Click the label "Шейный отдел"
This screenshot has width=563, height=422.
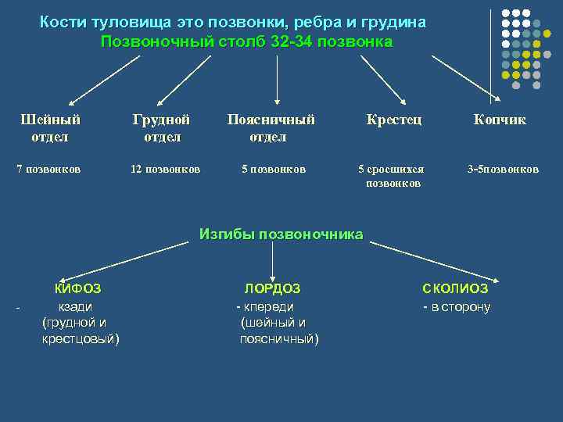click(50, 128)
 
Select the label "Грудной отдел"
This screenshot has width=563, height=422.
click(162, 128)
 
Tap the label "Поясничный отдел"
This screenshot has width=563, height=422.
click(271, 128)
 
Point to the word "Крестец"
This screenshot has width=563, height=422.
click(394, 120)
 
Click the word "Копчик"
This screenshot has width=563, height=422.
click(499, 120)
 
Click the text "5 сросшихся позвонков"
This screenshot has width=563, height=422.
click(391, 176)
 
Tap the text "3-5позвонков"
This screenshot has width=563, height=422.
click(503, 169)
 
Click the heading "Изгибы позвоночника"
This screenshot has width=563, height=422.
click(281, 234)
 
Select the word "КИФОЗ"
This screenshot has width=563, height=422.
click(77, 288)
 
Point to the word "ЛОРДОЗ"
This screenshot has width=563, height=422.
click(272, 288)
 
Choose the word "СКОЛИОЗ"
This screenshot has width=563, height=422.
click(455, 288)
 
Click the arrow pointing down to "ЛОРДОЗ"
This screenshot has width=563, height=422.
click(271, 259)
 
